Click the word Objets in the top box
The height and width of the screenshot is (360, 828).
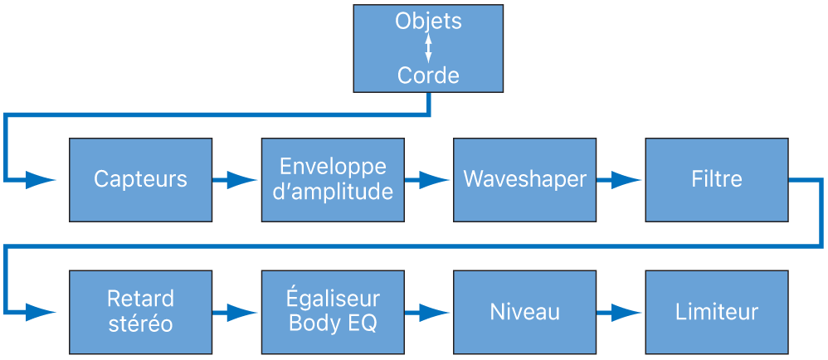click(x=428, y=22)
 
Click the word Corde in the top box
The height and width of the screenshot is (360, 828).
click(x=428, y=76)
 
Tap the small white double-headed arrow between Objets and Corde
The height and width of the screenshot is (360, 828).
click(x=428, y=49)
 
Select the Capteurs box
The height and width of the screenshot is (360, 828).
click(x=140, y=179)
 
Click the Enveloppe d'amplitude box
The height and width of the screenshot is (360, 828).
click(x=333, y=179)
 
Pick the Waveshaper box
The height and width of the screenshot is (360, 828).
click(x=524, y=179)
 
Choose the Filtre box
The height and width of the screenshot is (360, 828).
click(x=716, y=179)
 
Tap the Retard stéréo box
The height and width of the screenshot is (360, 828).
click(x=140, y=312)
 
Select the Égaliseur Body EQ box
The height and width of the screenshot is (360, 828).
click(x=333, y=312)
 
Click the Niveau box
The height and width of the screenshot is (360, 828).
click(x=524, y=312)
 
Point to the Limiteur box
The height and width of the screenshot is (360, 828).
click(x=716, y=312)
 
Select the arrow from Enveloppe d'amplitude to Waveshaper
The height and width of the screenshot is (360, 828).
click(x=428, y=179)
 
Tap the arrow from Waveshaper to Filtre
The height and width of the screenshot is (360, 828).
click(x=620, y=179)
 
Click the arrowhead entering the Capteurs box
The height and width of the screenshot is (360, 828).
click(x=41, y=179)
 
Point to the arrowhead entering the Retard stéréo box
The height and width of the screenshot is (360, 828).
click(x=41, y=312)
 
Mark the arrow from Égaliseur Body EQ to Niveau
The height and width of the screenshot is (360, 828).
click(x=428, y=312)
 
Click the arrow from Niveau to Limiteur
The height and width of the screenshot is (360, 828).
click(x=620, y=312)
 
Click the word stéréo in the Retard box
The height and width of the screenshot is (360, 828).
click(x=140, y=324)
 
